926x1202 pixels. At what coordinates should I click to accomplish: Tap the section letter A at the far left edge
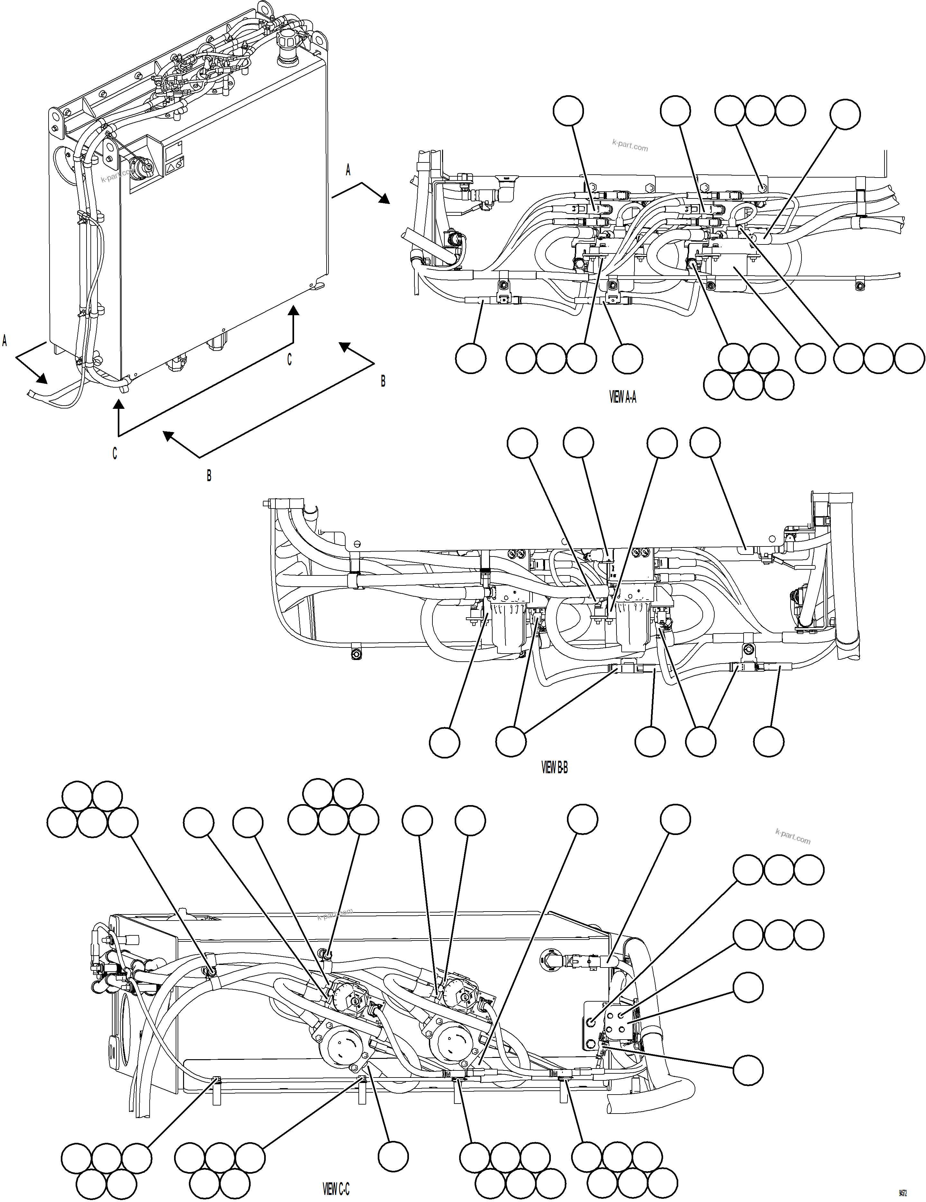click(x=5, y=341)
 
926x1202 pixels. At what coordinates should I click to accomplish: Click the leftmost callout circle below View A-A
click(x=471, y=358)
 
